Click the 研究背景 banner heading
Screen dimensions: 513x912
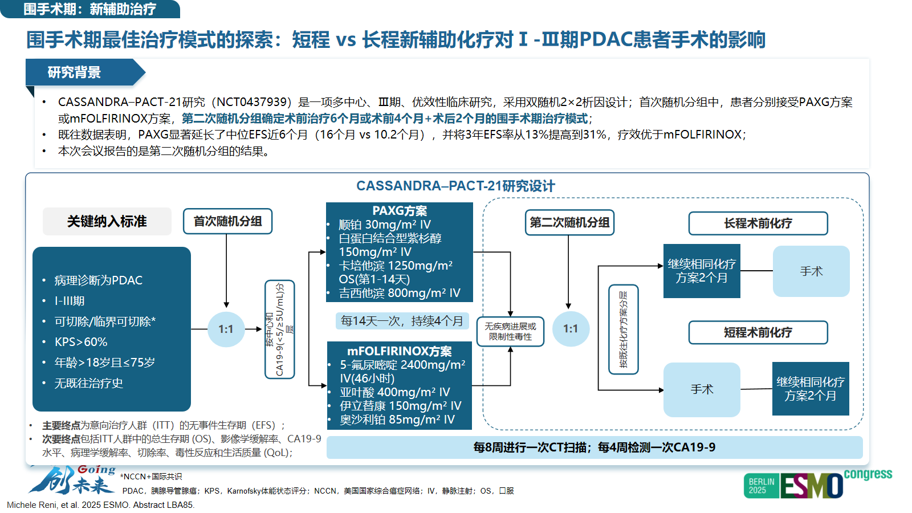pos(75,72)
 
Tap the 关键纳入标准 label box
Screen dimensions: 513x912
pos(107,221)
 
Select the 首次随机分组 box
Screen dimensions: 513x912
pos(227,221)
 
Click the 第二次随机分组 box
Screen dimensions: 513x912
pos(569,222)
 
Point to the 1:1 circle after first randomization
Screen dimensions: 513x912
pos(226,329)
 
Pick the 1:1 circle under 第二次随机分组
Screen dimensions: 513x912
pos(571,329)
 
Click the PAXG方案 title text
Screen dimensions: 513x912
pos(400,211)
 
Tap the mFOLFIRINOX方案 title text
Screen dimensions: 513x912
pos(400,351)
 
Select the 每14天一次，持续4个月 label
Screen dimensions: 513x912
pos(402,321)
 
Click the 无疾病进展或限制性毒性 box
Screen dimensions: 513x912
pos(510,331)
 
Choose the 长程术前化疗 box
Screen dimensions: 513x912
pos(758,223)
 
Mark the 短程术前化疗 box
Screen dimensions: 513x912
pos(758,332)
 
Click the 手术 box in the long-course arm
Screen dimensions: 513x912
pos(811,271)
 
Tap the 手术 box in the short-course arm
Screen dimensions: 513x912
pos(702,389)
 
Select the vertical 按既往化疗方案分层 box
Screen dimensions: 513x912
pos(624,329)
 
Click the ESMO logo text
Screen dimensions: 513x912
pos(812,486)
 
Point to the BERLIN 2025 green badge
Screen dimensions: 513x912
pos(762,486)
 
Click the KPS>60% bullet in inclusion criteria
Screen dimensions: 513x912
pos(81,342)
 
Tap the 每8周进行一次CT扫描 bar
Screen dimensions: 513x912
pos(594,447)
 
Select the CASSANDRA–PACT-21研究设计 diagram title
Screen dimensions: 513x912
pos(455,186)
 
